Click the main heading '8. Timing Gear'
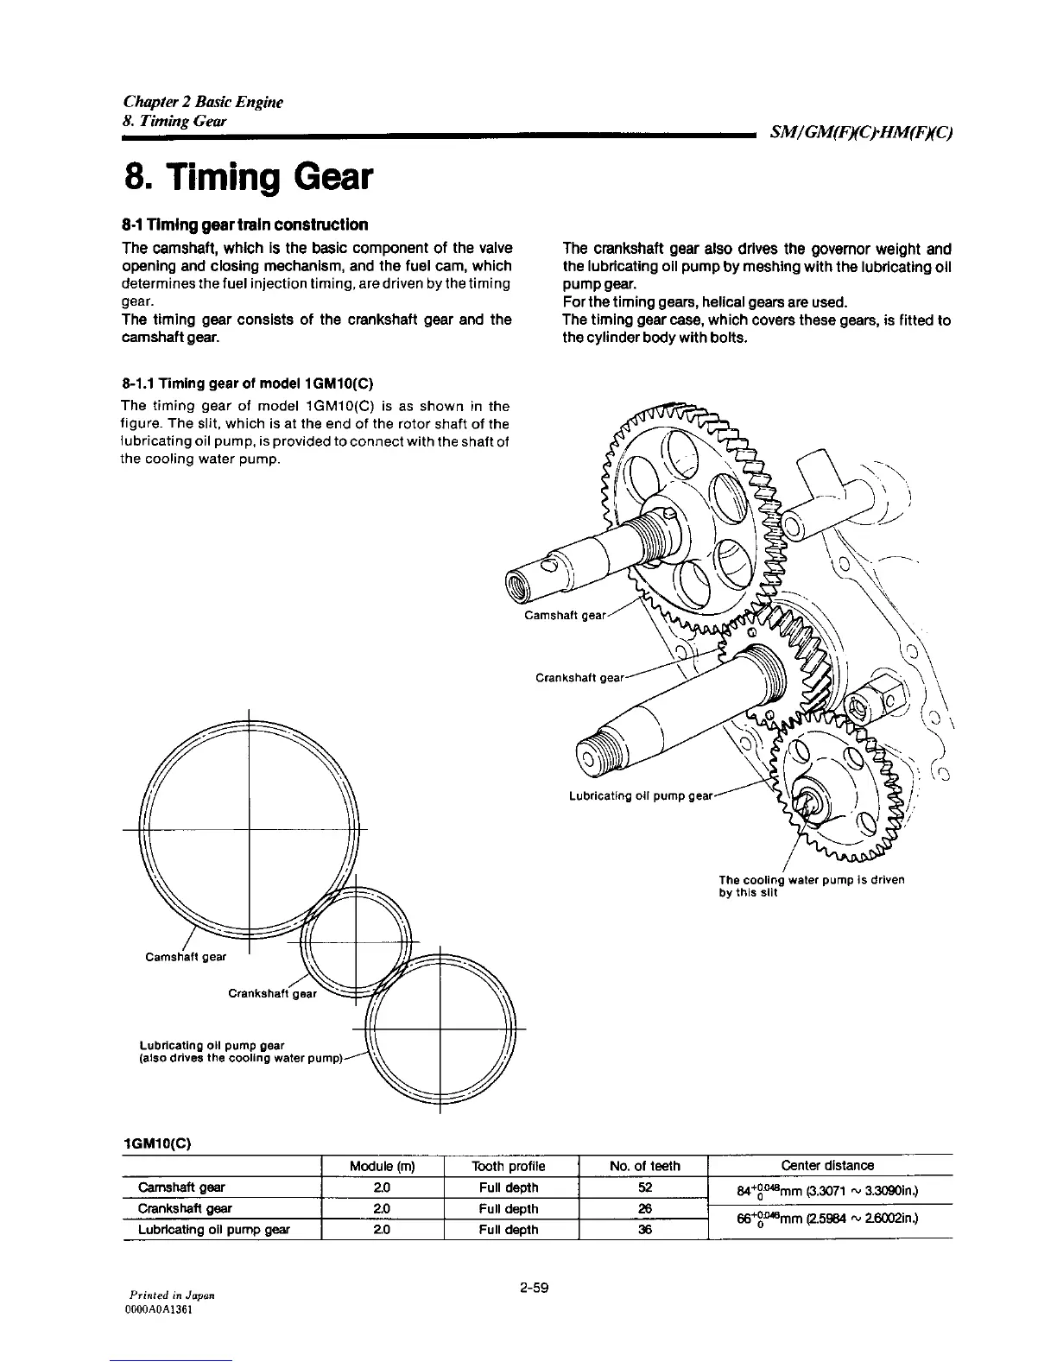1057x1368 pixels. [249, 177]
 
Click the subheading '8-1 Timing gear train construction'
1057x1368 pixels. [244, 225]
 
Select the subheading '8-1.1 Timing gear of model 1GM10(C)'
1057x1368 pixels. [248, 383]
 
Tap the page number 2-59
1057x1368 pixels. [535, 1289]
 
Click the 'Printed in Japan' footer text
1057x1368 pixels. [172, 1295]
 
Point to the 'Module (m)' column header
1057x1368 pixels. [383, 1166]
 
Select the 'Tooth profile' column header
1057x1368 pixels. [510, 1166]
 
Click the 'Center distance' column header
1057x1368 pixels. [826, 1166]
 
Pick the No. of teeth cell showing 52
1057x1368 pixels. [644, 1187]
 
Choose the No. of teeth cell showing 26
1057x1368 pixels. [644, 1208]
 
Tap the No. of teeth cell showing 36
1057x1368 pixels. [644, 1229]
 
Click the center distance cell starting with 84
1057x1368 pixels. [826, 1193]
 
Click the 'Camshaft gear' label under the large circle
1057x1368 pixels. [186, 956]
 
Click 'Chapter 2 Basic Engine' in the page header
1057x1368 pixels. [202, 103]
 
